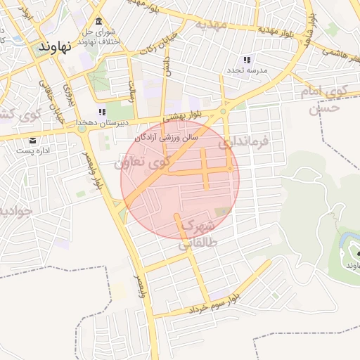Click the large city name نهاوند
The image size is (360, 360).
click(53, 48)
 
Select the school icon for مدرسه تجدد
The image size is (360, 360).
click(246, 60)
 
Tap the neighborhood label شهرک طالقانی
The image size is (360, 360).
click(196, 235)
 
